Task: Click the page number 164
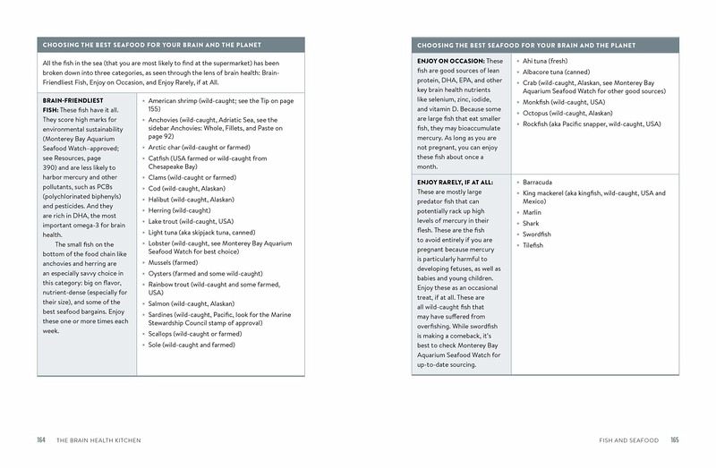(x=41, y=440)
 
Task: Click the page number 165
(x=675, y=440)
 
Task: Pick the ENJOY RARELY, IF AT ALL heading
(x=457, y=182)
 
